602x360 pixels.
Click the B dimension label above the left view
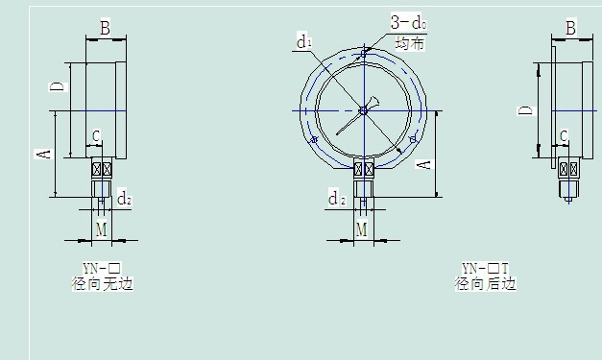(106, 28)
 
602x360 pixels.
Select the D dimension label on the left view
(59, 86)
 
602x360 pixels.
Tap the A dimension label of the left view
(43, 155)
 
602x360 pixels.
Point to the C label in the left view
(96, 136)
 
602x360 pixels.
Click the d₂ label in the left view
(125, 199)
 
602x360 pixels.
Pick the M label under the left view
(101, 229)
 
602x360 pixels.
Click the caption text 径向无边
(102, 284)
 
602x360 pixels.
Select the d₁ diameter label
(304, 42)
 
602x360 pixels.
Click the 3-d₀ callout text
(408, 22)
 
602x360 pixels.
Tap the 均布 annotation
(410, 44)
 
